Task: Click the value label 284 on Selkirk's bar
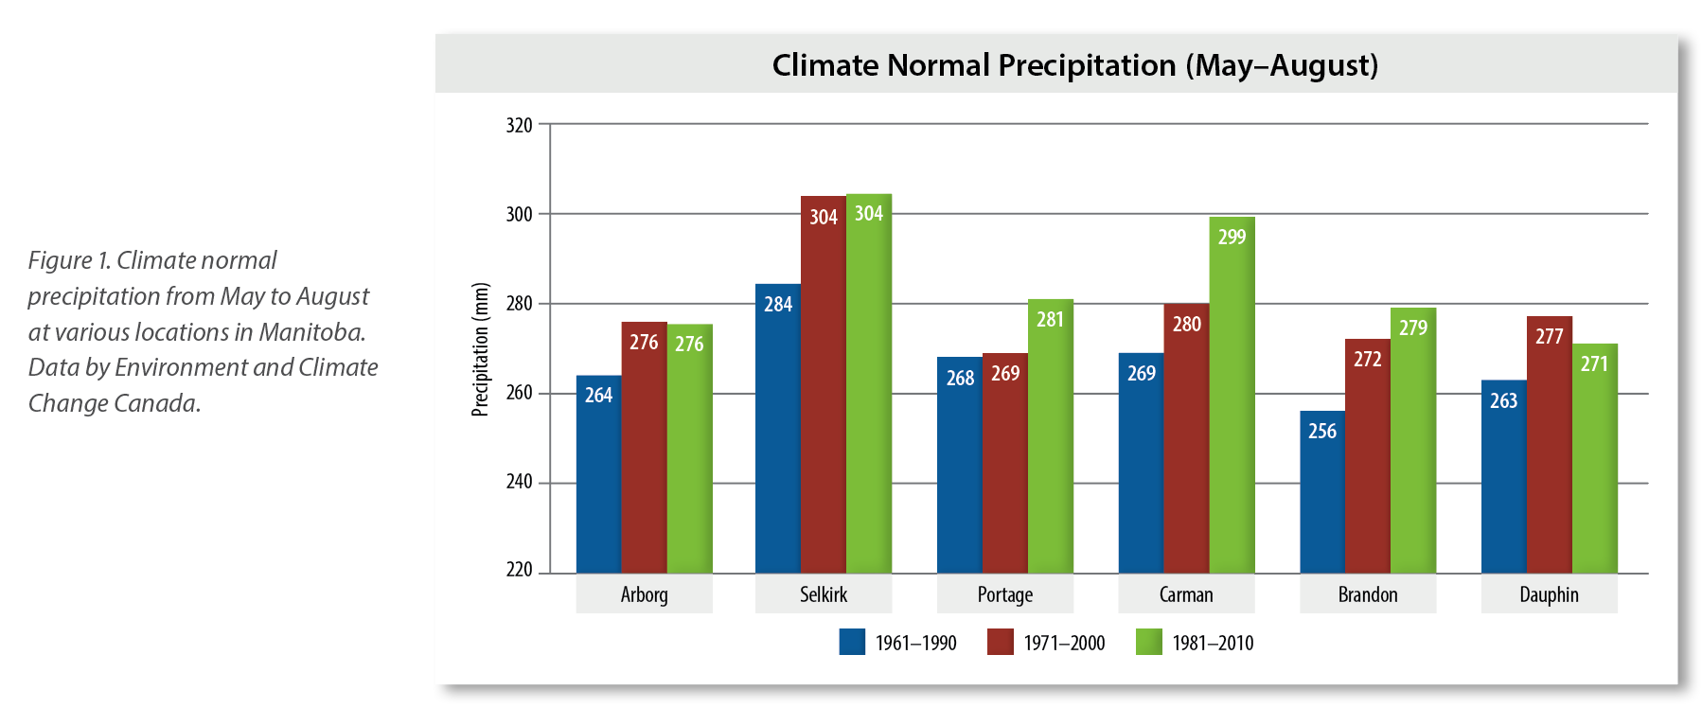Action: [x=778, y=305]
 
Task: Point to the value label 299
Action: [x=1232, y=238]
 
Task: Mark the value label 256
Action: [x=1321, y=432]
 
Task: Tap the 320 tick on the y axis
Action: [x=519, y=125]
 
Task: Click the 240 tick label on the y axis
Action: [x=519, y=482]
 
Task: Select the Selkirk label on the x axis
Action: [x=823, y=594]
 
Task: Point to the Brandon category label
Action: [x=1367, y=594]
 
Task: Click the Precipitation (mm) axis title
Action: [x=481, y=349]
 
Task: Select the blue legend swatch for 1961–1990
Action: [x=852, y=643]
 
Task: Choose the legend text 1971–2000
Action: [x=1064, y=644]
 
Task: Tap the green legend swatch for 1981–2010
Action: [x=1148, y=643]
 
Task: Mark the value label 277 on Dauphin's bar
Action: [x=1549, y=337]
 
